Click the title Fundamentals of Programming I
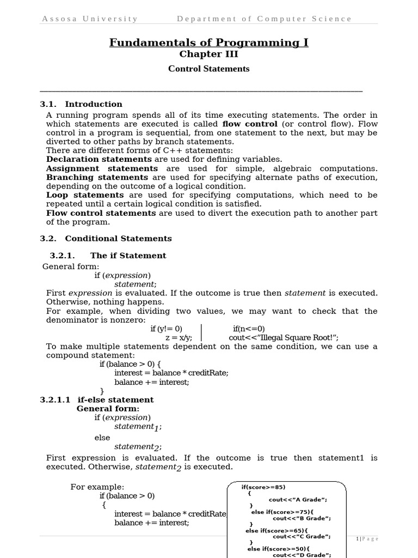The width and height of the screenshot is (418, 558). tap(209, 43)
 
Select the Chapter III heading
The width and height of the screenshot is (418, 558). tap(209, 54)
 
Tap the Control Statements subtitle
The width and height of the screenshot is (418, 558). tap(209, 69)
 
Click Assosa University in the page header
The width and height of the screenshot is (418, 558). tap(90, 19)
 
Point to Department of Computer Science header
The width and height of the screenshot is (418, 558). tap(264, 19)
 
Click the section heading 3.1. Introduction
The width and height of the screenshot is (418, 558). tap(82, 104)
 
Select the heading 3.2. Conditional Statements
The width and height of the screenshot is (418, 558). tap(106, 238)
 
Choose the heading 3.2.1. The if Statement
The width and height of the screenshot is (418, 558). tap(108, 256)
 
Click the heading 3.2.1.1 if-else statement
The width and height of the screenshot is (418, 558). tap(97, 399)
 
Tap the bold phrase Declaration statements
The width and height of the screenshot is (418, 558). tap(99, 159)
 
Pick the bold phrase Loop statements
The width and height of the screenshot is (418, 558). tap(85, 195)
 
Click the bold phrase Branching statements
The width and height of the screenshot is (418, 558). tap(97, 178)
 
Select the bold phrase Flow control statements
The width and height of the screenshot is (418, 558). tap(101, 213)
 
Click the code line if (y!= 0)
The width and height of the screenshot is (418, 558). tap(167, 329)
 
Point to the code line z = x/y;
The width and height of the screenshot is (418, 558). tap(179, 338)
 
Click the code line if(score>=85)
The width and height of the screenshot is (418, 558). tap(263, 487)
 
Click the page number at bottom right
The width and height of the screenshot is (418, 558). tap(367, 539)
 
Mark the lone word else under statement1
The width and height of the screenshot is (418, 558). tap(102, 438)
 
